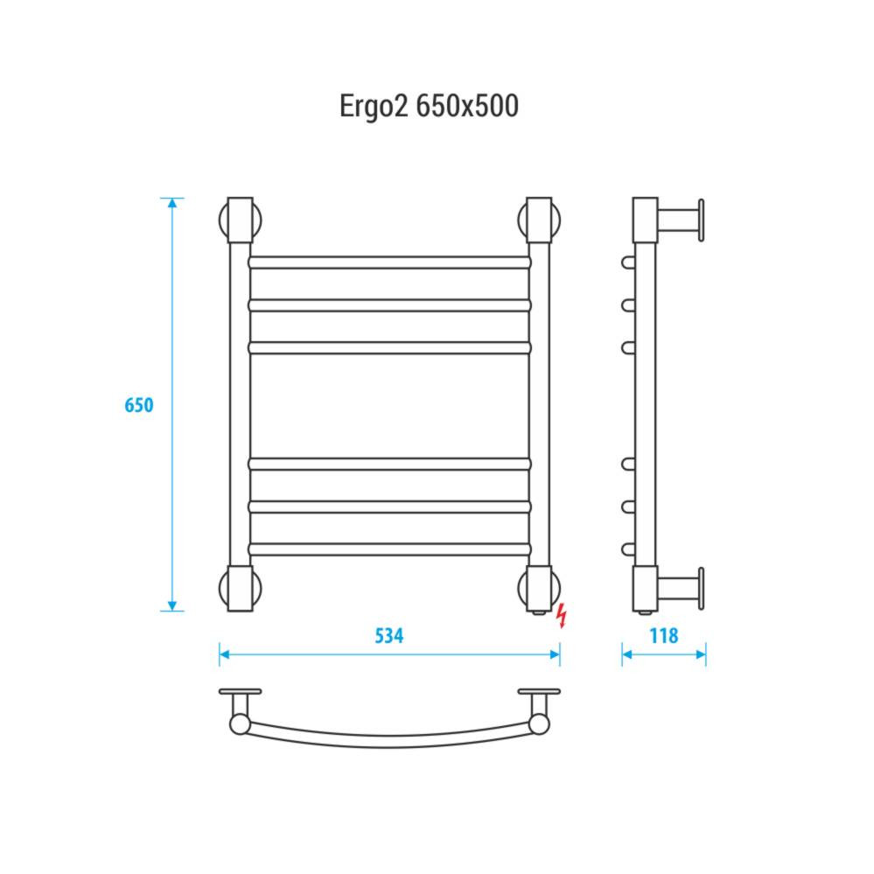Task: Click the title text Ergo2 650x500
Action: pyautogui.click(x=429, y=106)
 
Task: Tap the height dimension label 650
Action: pyautogui.click(x=139, y=405)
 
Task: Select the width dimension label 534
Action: pyautogui.click(x=389, y=635)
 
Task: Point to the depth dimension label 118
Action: pyautogui.click(x=664, y=635)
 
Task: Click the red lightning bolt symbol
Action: pyautogui.click(x=562, y=615)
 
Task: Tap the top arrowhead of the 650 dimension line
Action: pyautogui.click(x=172, y=203)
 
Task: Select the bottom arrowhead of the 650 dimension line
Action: pyautogui.click(x=172, y=606)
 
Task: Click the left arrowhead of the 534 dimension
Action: pyautogui.click(x=225, y=654)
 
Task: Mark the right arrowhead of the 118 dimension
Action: pyautogui.click(x=701, y=654)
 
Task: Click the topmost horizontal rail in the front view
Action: pyautogui.click(x=389, y=262)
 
